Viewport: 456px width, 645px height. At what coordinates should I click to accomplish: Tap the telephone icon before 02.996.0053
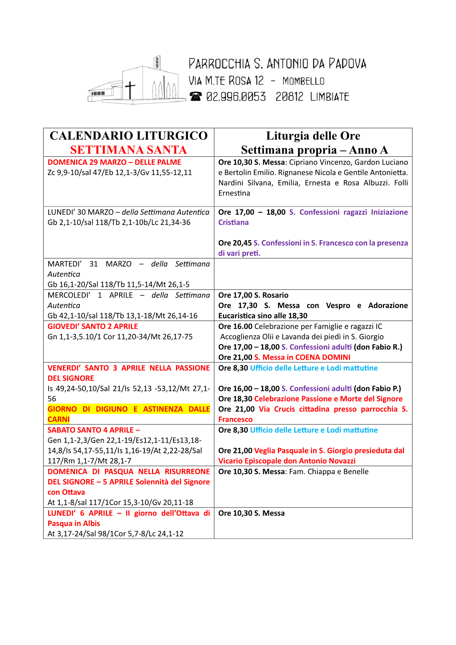click(195, 97)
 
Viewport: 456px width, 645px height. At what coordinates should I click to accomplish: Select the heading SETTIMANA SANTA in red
click(129, 150)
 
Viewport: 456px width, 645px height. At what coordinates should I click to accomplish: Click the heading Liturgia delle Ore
click(313, 136)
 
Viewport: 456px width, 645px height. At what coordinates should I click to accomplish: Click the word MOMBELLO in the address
click(303, 81)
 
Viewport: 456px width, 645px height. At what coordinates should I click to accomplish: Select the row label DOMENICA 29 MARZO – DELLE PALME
click(114, 162)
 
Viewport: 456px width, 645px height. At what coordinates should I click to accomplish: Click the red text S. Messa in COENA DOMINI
click(302, 357)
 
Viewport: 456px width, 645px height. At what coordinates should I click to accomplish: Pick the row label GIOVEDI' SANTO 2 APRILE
click(93, 326)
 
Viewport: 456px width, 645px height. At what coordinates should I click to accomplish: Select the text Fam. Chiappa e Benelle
click(329, 471)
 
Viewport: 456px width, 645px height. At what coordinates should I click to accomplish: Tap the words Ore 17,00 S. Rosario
click(253, 295)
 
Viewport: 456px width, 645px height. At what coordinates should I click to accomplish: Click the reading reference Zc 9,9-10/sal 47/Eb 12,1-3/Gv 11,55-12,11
click(119, 173)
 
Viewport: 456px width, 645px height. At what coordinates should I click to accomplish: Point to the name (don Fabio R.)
click(378, 347)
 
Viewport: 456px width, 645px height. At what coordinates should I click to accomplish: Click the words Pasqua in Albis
click(74, 523)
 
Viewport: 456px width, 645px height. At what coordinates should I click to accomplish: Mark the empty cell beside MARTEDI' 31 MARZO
click(313, 274)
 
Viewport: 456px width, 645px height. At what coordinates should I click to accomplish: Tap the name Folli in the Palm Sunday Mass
click(401, 183)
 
